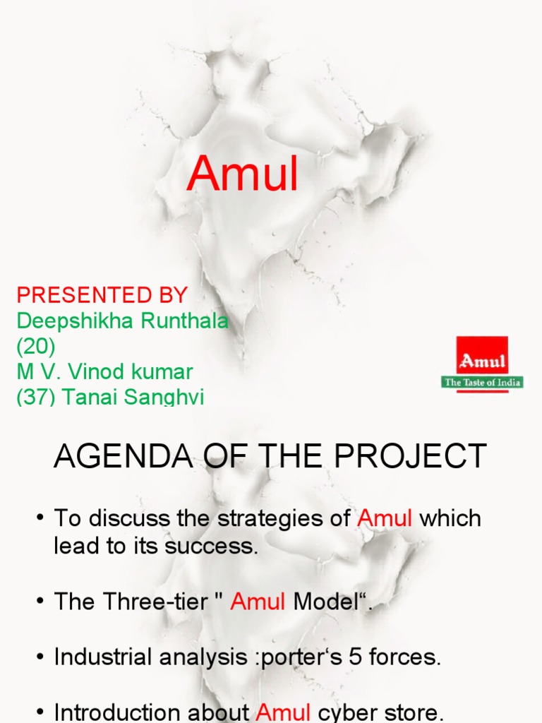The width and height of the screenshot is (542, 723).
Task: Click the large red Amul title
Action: point(243,173)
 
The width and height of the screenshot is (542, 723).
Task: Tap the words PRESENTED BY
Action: point(102,295)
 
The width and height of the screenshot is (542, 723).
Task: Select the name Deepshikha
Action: point(75,321)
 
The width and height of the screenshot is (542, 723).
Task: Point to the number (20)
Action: point(36,346)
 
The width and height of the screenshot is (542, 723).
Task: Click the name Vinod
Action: point(96,371)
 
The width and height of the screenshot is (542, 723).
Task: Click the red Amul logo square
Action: point(482,356)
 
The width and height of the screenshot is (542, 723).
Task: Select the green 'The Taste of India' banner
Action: point(482,382)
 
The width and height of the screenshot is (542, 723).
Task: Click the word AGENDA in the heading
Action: point(124,456)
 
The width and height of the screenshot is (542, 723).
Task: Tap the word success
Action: point(211,546)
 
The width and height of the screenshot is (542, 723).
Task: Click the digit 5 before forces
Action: point(356,657)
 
